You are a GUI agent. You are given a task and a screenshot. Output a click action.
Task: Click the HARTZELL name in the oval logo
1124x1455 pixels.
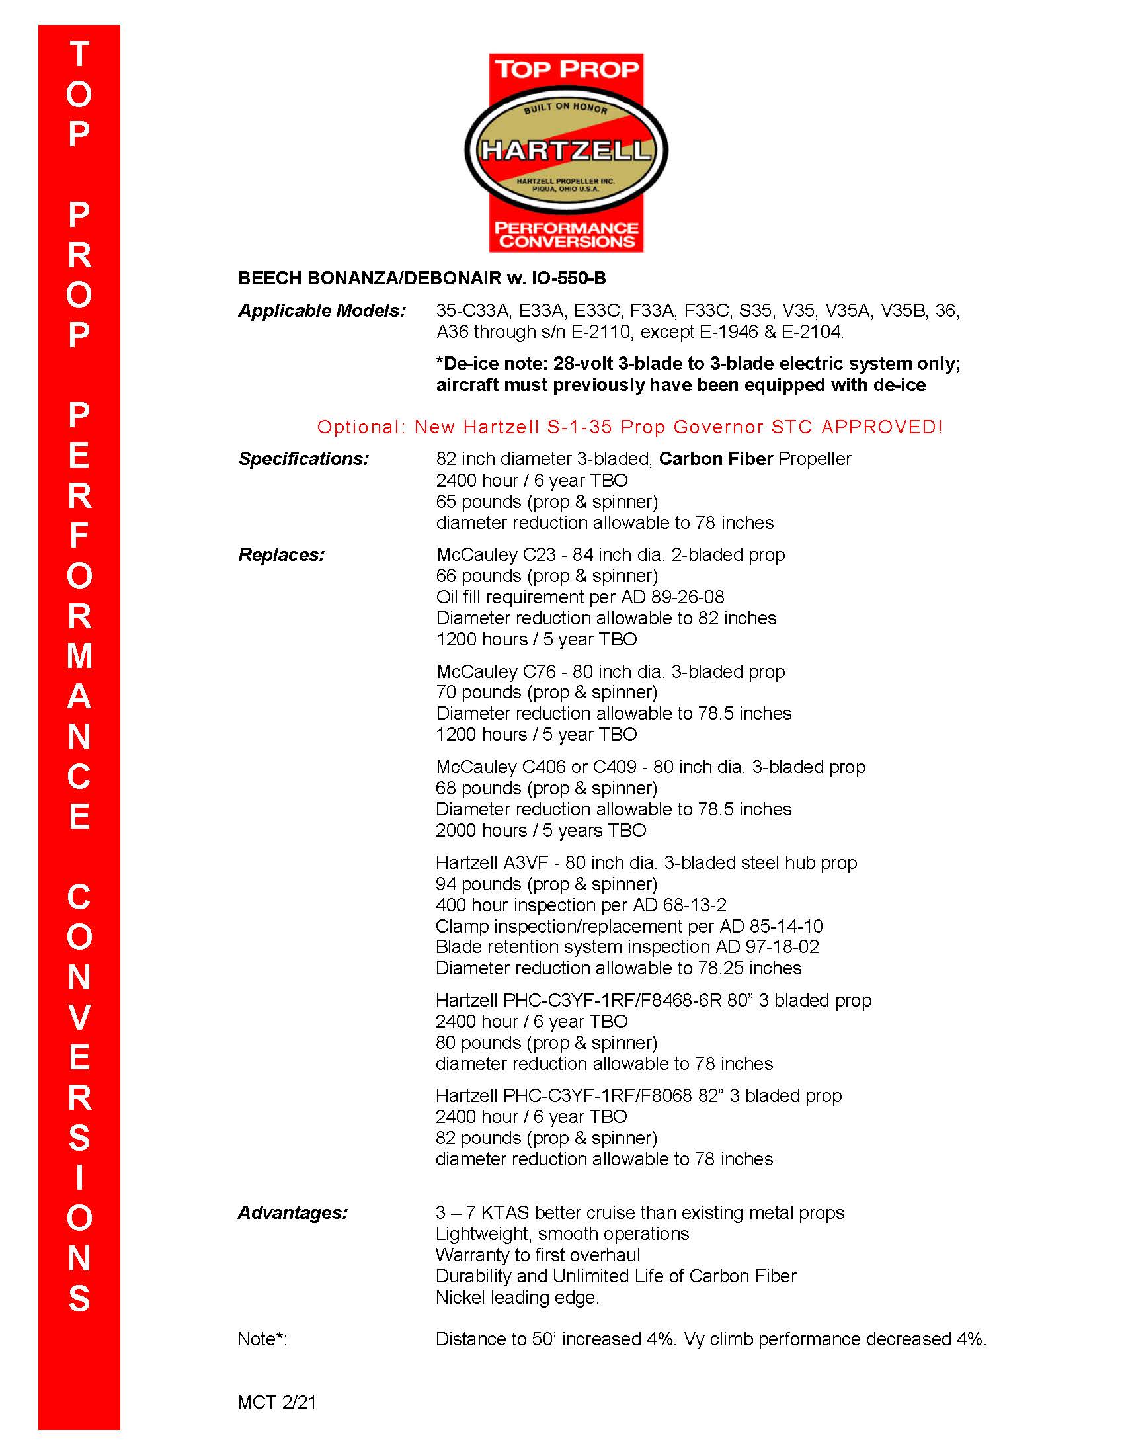point(566,150)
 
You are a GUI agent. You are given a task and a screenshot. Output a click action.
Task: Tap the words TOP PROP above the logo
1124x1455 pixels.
point(566,69)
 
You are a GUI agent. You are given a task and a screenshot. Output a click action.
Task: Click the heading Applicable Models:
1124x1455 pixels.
point(321,310)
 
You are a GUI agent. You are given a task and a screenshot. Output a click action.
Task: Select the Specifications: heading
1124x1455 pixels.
point(303,459)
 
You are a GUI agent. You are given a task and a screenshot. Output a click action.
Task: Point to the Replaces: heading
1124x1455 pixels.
point(281,555)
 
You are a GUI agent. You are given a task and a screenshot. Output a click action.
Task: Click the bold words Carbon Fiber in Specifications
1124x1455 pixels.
point(715,459)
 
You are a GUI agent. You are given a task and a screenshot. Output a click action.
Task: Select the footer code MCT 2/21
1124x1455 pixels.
point(276,1402)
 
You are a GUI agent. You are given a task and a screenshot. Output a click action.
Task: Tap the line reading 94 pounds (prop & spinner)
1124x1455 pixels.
point(546,884)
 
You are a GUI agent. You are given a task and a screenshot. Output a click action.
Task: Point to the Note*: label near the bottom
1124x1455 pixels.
point(262,1339)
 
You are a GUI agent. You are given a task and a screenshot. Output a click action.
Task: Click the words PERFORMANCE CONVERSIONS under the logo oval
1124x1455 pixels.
point(566,235)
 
